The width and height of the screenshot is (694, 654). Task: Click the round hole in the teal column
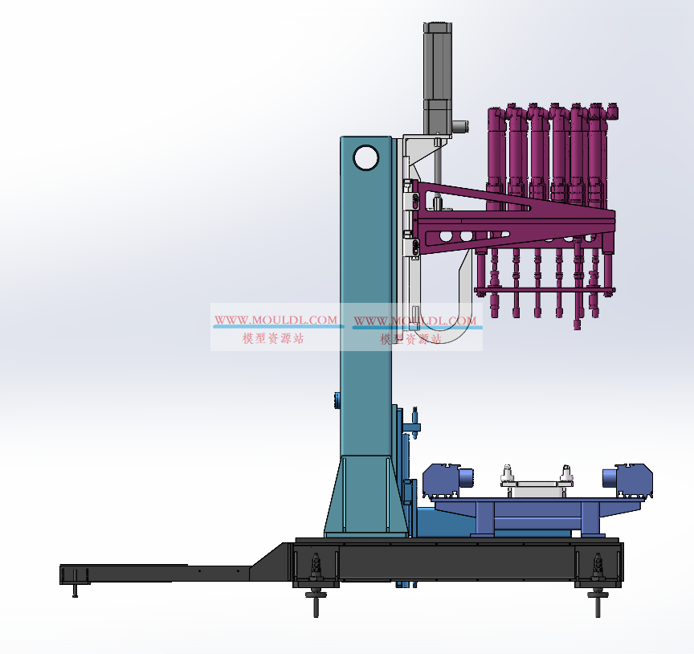(x=366, y=157)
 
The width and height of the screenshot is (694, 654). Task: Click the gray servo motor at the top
(x=438, y=77)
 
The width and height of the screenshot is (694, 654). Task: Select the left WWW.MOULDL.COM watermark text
(x=276, y=320)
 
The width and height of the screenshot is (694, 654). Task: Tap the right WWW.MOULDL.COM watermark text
(x=415, y=321)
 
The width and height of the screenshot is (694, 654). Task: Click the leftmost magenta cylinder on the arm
(x=496, y=155)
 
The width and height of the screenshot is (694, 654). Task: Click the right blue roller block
(x=627, y=480)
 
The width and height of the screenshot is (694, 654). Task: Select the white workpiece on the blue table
(x=537, y=487)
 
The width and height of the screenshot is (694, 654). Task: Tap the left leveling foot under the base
(x=316, y=584)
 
